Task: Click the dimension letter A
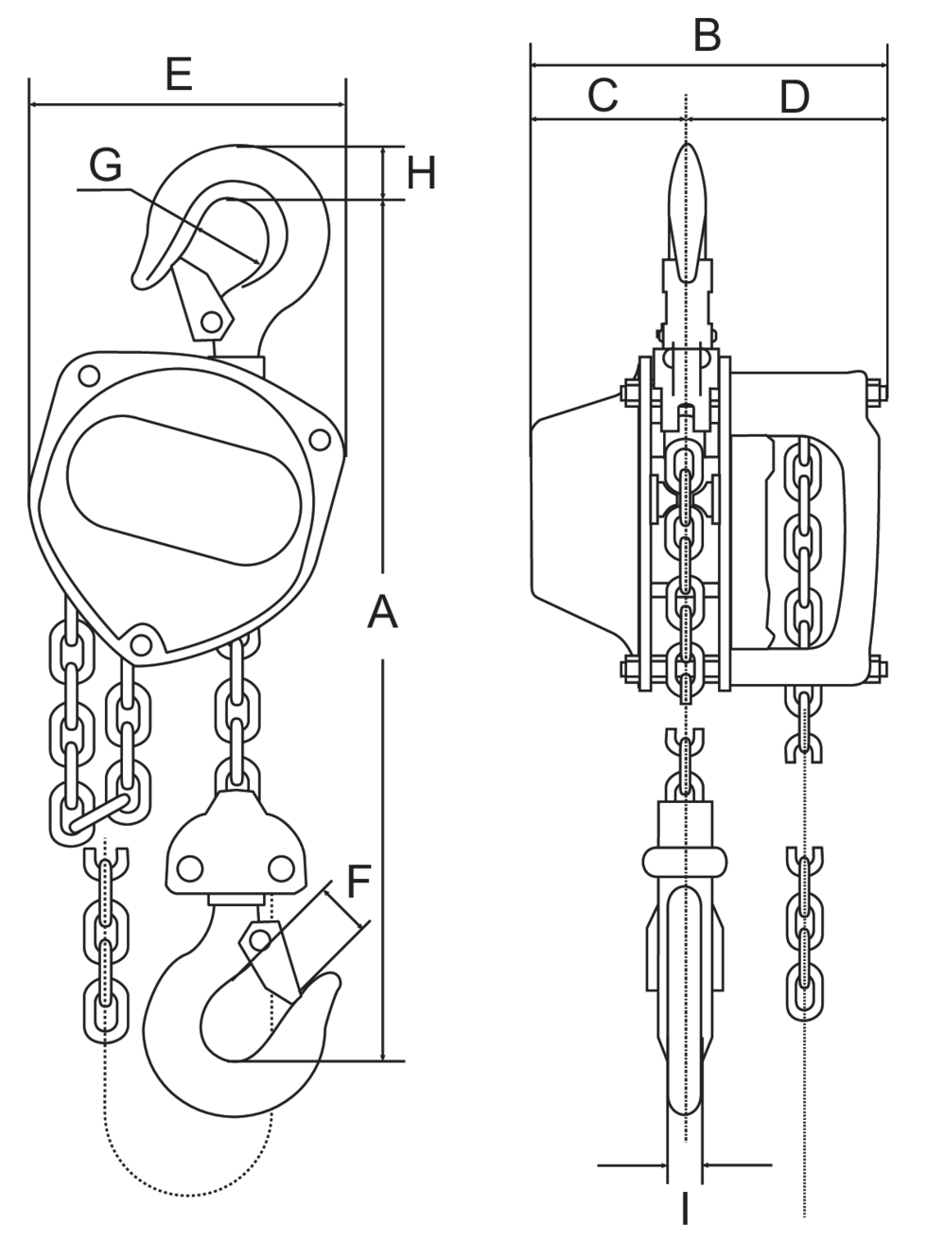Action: pos(382,613)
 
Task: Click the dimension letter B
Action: pos(707,36)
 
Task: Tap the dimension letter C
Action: pos(603,95)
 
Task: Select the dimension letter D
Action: pos(795,96)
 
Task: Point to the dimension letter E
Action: pos(178,74)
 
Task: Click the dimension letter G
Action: pos(106,165)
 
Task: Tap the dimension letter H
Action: pos(422,173)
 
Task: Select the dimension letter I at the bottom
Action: pos(685,1209)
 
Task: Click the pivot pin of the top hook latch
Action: pos(213,323)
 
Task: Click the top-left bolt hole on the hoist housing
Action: pos(90,376)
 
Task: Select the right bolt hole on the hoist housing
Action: pos(320,439)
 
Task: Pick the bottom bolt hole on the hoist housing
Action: pos(141,644)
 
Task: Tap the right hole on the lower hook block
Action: pos(279,867)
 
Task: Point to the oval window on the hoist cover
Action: pos(184,488)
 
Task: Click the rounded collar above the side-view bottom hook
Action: pos(686,862)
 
